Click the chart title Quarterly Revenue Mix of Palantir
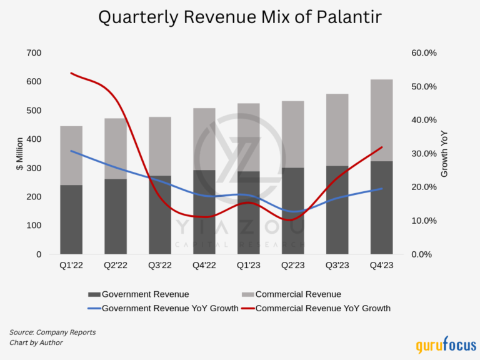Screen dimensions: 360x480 (x=240, y=18)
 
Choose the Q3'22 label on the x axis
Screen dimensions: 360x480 (x=159, y=265)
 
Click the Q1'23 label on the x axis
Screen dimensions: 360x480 (x=248, y=265)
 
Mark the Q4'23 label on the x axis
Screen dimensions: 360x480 (x=381, y=265)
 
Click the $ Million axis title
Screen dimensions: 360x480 (x=20, y=154)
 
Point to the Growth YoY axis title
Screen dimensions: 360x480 (x=444, y=154)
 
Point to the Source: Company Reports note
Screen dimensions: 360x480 (x=52, y=332)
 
